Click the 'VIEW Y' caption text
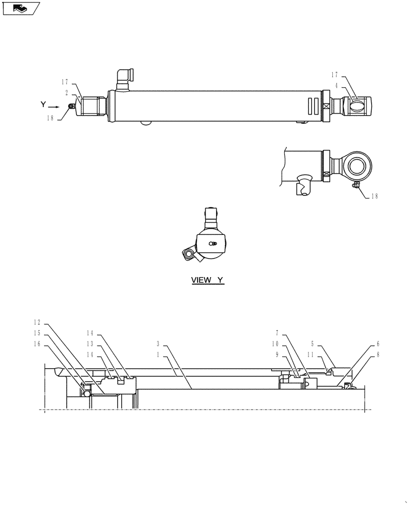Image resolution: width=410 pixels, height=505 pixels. click(207, 280)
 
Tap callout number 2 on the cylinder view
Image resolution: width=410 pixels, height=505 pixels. click(67, 93)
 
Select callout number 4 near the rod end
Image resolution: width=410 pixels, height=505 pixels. click(336, 85)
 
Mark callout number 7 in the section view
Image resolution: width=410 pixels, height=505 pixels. click(277, 333)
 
